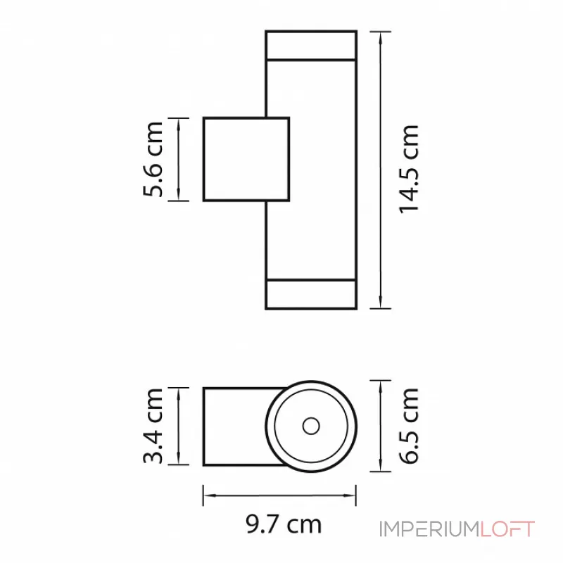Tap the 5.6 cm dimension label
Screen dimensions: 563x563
click(153, 159)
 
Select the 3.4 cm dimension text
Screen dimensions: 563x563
click(153, 426)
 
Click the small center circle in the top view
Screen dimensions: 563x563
click(310, 426)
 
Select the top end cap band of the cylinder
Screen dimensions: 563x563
click(310, 45)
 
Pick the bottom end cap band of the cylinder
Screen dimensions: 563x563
click(310, 294)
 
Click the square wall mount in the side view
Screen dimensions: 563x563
click(246, 159)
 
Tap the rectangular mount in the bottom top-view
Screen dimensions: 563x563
click(236, 426)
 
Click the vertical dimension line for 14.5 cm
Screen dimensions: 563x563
click(381, 169)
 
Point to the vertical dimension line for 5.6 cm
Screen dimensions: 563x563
click(180, 159)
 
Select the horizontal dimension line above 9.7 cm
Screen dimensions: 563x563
click(279, 495)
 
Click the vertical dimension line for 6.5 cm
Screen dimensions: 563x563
click(381, 426)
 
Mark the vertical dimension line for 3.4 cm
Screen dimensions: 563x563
click(180, 426)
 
